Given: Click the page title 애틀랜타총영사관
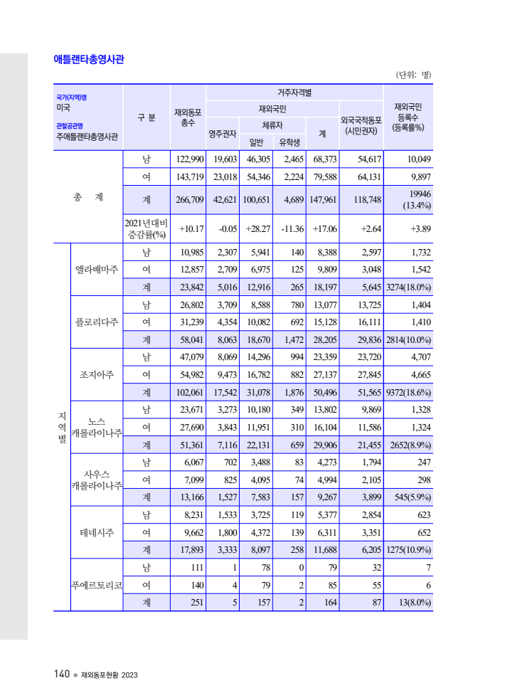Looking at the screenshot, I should coord(89,60).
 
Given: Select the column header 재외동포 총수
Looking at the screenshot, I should coord(188,117).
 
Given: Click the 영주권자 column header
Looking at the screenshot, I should coord(222,133).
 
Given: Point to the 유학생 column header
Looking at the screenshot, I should coord(289,142).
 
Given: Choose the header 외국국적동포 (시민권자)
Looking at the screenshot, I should coord(361,125).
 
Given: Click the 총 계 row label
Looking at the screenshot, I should coord(87,197).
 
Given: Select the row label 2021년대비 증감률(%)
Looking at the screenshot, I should coord(146,228).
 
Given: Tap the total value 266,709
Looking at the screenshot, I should coord(188,200).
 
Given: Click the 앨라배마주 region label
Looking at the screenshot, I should coord(97,270).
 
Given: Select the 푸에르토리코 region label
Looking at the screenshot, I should coord(97,585).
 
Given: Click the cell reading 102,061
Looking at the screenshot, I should coord(188,392).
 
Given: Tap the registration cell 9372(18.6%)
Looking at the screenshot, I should coord(408,392).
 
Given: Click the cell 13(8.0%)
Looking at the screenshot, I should coord(415,602).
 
